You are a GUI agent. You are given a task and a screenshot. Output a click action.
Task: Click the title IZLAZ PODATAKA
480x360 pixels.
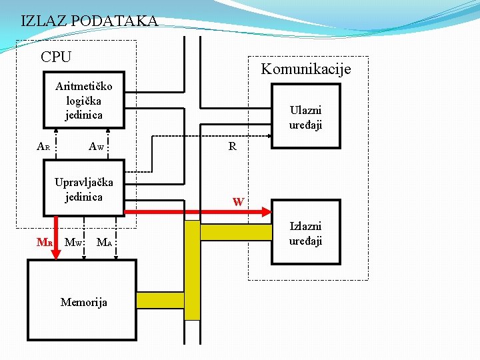(89, 21)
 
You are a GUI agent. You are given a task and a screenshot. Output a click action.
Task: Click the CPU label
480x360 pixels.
(56, 57)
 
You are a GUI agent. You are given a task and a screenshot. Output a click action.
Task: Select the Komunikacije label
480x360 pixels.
(305, 69)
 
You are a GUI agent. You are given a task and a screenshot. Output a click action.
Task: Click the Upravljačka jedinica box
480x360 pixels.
(83, 189)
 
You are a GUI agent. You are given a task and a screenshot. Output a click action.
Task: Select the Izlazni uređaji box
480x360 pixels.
(305, 233)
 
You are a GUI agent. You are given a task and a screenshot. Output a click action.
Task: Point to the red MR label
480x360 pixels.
(45, 243)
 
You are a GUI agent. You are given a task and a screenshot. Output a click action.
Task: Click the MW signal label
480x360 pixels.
(73, 243)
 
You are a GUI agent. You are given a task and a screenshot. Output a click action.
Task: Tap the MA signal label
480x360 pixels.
(104, 243)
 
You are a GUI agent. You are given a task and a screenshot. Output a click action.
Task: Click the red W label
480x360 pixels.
(238, 201)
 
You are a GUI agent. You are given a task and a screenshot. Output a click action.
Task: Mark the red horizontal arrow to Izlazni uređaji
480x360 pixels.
(200, 213)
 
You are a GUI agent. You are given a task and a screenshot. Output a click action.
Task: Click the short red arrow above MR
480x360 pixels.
(50, 225)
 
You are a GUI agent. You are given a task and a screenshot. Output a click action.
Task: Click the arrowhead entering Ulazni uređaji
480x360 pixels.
(267, 137)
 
